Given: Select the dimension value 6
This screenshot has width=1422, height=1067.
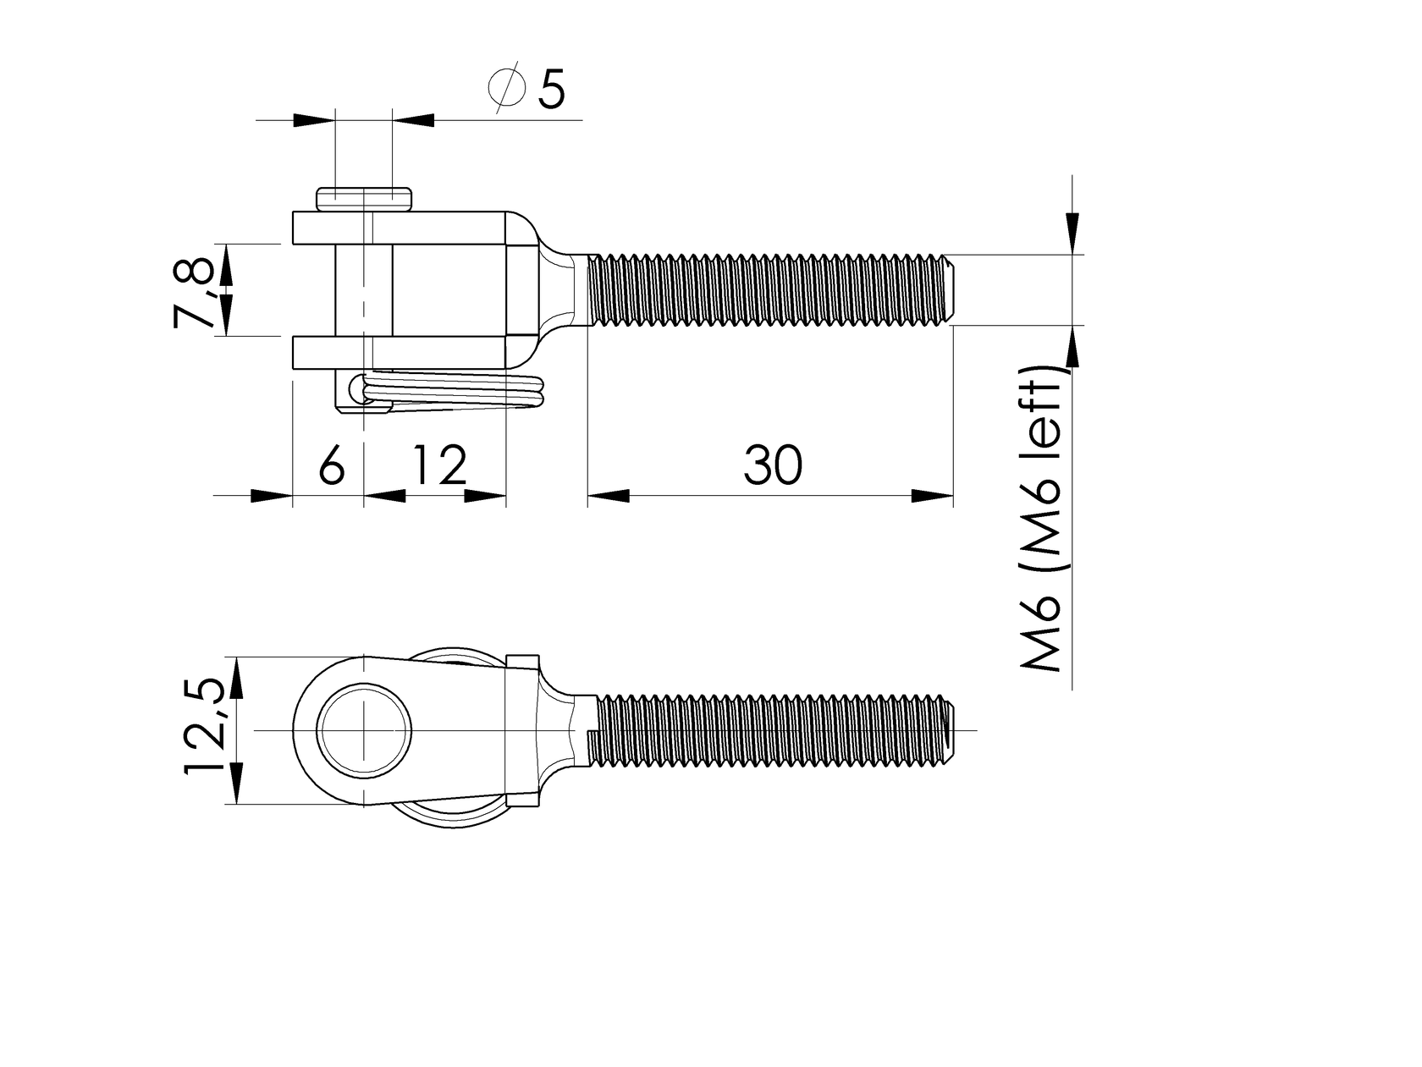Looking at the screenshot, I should click(332, 465).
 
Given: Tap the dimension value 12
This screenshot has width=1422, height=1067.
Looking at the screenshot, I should click(439, 465).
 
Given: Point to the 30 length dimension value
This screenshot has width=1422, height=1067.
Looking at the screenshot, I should click(772, 465).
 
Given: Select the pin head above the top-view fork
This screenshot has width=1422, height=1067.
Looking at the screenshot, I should click(365, 199).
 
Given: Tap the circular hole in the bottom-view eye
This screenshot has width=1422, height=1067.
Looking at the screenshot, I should click(365, 729).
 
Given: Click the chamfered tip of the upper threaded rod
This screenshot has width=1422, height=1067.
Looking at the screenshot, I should click(951, 289).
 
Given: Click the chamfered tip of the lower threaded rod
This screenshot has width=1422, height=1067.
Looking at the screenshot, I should click(951, 729).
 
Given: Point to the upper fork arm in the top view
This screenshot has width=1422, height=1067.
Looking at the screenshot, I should click(398, 228).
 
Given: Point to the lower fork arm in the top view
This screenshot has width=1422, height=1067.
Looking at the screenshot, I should click(398, 352).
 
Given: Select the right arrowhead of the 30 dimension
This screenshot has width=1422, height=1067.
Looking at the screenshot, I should click(932, 496).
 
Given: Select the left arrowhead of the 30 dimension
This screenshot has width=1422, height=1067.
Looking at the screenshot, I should click(609, 496).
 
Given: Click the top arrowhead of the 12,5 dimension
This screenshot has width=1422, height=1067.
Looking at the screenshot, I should click(236, 677).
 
